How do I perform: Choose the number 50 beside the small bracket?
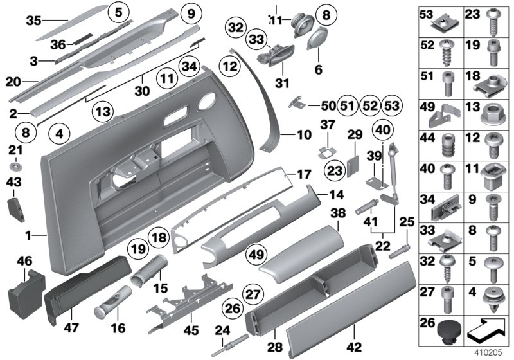(328, 105)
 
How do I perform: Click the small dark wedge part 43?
(16, 209)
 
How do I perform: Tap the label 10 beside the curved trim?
(303, 136)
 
